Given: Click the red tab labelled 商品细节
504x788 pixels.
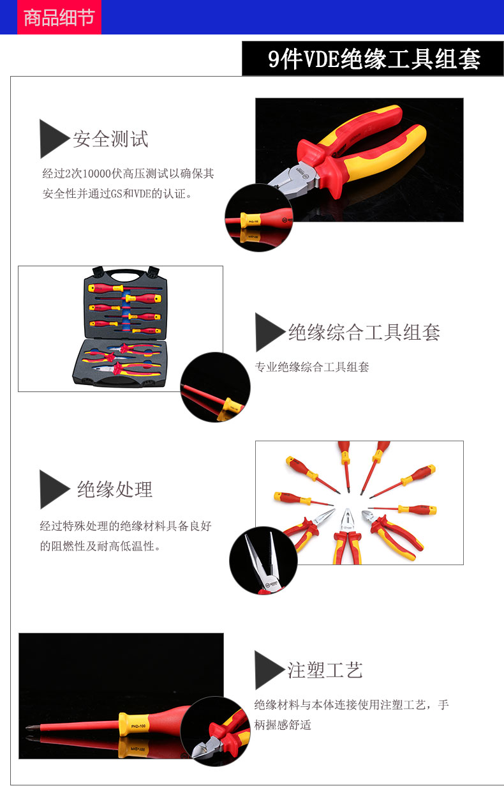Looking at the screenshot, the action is (x=59, y=17).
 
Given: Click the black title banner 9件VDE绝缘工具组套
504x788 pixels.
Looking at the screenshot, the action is (x=373, y=58).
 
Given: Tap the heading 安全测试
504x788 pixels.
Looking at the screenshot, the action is (x=110, y=139).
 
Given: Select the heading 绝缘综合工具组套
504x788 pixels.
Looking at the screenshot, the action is (x=364, y=332).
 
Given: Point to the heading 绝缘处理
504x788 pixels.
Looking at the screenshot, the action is (x=115, y=489).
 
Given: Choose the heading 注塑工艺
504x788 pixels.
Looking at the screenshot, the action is (x=325, y=670).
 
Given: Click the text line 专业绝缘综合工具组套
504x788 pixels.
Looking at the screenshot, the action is (x=312, y=367).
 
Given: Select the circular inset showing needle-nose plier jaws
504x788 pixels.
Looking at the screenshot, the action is (x=263, y=561).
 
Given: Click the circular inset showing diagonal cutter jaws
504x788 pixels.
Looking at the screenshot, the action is (x=215, y=731).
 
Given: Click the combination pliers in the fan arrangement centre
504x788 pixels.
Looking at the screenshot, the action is (x=347, y=536).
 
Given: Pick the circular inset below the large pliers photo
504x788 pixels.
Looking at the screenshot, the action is (x=259, y=217).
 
